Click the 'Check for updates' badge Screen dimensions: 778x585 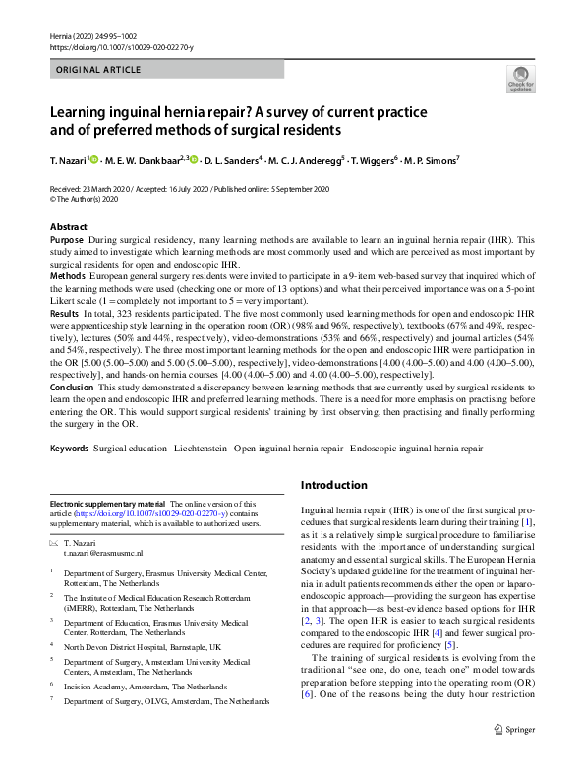coord(520,79)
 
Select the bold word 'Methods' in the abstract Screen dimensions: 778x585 coord(68,278)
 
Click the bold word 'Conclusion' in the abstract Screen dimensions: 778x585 coord(73,387)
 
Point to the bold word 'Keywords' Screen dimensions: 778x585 coord(70,449)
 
